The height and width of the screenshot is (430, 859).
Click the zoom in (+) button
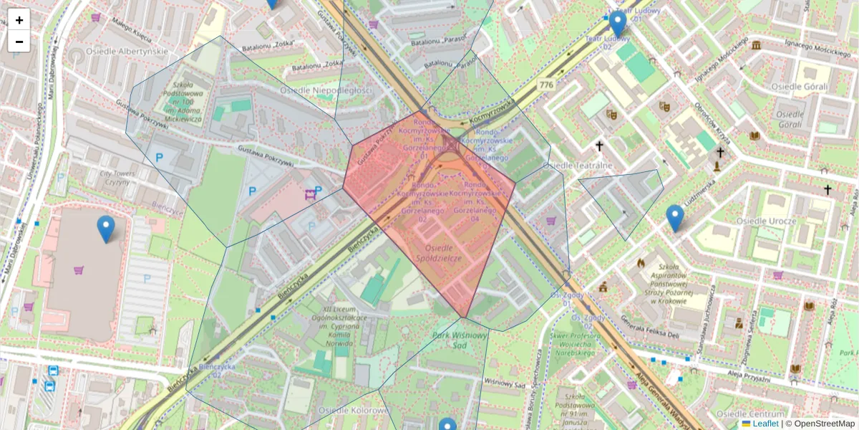pyautogui.click(x=19, y=20)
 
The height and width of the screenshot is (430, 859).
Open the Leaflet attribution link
pyautogui.click(x=765, y=424)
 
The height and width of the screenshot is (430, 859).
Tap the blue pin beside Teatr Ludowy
pyautogui.click(x=617, y=24)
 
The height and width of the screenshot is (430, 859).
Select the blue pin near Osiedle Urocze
pyautogui.click(x=674, y=217)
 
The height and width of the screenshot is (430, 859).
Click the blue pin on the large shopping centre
pyautogui.click(x=106, y=228)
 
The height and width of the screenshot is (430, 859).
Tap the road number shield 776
pyautogui.click(x=548, y=85)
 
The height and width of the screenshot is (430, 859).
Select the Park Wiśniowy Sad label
pyautogui.click(x=460, y=339)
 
